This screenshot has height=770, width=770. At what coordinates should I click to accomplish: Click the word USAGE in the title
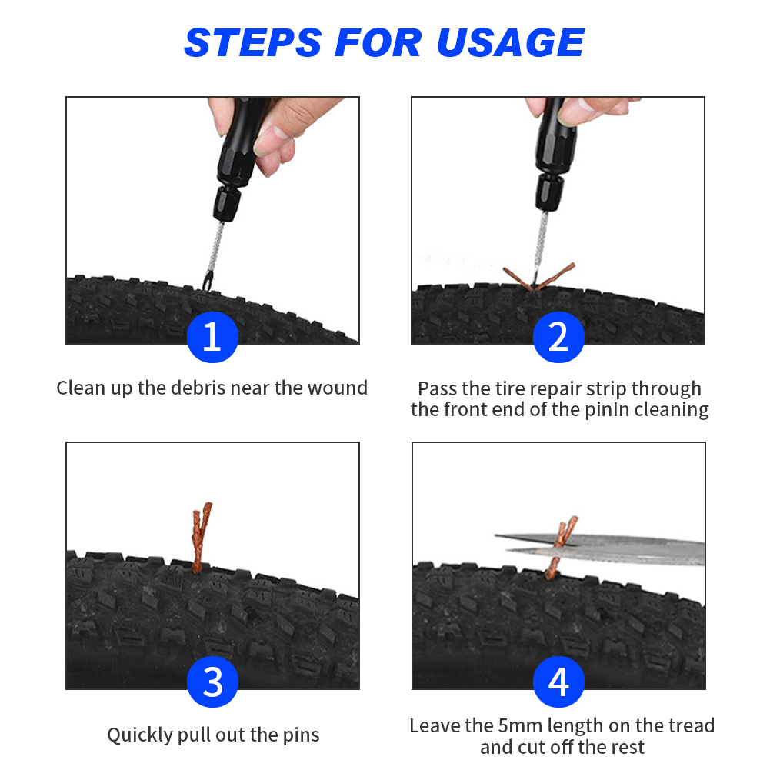510,42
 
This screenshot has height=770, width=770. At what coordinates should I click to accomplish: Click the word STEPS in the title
253,42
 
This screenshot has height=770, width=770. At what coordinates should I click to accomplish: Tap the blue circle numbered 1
212,337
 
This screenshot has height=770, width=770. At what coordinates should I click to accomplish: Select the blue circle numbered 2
558,337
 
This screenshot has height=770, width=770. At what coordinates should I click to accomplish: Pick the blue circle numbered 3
212,682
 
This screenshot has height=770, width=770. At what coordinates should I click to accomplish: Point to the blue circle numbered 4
558,682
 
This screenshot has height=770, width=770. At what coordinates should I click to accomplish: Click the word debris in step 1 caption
198,388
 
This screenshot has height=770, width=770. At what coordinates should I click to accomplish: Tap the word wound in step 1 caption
338,388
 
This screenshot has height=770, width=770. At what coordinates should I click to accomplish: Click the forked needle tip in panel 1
208,283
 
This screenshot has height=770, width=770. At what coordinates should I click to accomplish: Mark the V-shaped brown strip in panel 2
538,277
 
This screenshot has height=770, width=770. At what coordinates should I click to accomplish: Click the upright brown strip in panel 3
200,538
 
